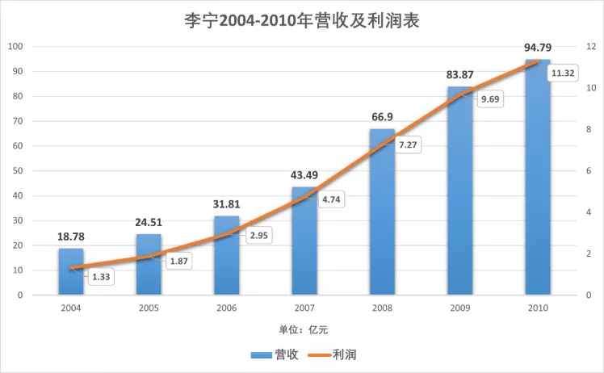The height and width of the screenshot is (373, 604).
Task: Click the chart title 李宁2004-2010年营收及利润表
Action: (302, 19)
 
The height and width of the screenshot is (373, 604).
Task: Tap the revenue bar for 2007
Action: (304, 242)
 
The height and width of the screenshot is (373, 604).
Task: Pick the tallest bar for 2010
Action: (537, 178)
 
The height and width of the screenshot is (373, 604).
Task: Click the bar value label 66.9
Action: (382, 117)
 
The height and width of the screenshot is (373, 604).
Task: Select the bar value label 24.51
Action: (149, 223)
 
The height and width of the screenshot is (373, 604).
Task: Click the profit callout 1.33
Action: (101, 277)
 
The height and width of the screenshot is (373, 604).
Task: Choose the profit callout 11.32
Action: (562, 73)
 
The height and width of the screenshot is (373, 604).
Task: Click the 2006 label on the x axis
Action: (226, 308)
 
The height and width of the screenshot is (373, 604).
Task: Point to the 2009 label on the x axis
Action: (459, 308)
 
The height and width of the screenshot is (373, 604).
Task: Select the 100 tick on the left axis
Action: (15, 47)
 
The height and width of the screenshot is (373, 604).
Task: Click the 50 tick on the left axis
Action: (17, 171)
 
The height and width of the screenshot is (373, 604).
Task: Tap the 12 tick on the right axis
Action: (590, 47)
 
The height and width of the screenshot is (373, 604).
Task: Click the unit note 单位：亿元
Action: (302, 329)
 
